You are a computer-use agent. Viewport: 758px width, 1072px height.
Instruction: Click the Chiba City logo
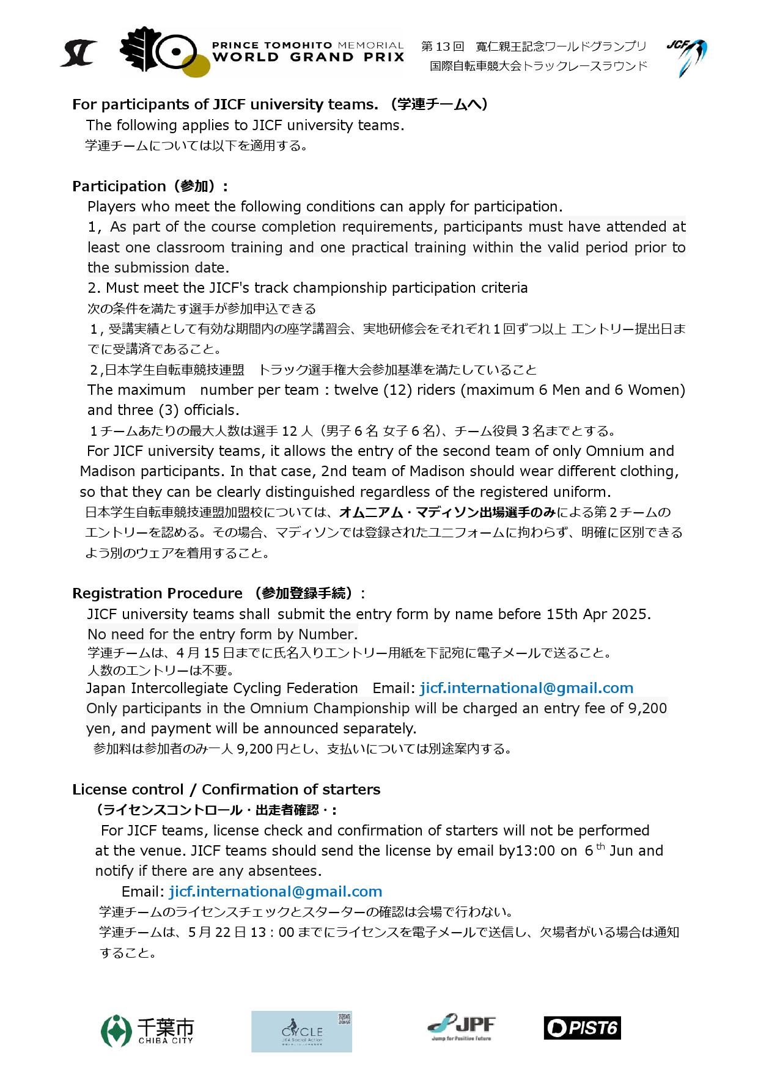(147, 1030)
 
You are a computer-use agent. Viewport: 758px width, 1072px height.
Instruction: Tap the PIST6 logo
(582, 1027)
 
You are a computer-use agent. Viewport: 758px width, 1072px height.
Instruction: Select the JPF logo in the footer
(462, 1027)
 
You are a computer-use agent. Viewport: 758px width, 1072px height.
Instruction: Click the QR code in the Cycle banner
(344, 1019)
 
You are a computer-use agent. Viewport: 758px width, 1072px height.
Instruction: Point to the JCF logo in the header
(686, 57)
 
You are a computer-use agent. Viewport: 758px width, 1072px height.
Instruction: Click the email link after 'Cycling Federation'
(526, 688)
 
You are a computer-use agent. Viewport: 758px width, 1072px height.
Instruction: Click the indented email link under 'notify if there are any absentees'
(276, 892)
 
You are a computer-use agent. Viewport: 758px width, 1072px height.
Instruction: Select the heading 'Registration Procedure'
(157, 593)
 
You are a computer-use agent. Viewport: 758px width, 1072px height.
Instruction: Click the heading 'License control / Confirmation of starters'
(226, 790)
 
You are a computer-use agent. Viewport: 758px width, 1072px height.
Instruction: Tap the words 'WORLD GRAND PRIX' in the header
(307, 57)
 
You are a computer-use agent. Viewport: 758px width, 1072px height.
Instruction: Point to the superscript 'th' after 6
(601, 846)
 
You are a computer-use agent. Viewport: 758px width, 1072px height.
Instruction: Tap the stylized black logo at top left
(78, 53)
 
